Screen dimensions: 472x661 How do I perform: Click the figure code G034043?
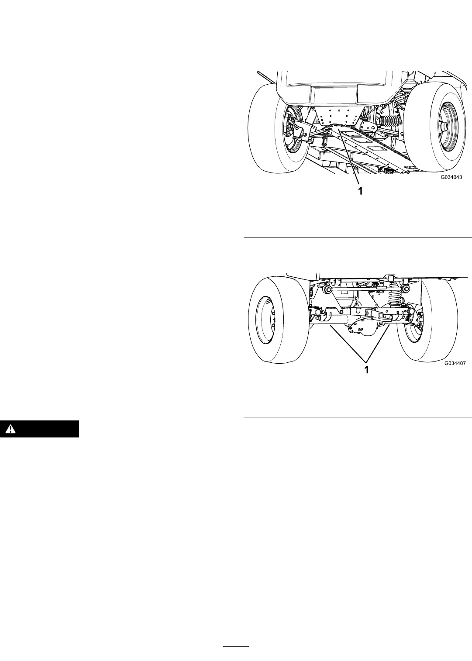pos(451,177)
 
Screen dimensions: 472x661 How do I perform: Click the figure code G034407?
pos(455,363)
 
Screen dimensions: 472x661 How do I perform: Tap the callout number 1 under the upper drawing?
pos(360,191)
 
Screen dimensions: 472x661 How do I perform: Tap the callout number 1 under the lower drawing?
pos(367,370)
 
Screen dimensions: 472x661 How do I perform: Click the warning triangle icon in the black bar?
pos(10,428)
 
